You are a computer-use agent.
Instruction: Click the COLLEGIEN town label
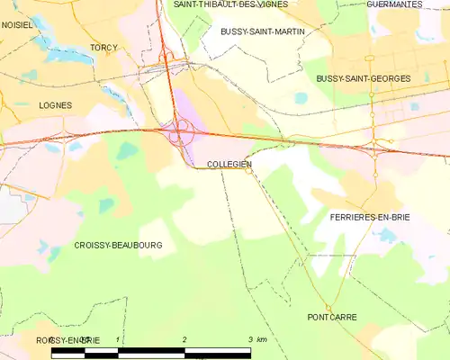point(229,165)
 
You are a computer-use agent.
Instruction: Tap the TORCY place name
point(104,47)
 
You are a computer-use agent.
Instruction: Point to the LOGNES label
point(55,105)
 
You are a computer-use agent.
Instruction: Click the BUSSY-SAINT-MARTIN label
point(262,31)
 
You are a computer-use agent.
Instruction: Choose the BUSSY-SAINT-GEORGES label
point(363,79)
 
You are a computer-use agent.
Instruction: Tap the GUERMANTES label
point(394,4)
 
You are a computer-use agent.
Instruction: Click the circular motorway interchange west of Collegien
point(180,132)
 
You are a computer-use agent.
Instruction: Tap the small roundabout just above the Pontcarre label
point(329,308)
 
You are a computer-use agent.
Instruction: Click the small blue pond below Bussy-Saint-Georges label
point(300,98)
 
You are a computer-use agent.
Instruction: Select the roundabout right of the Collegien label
point(249,171)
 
